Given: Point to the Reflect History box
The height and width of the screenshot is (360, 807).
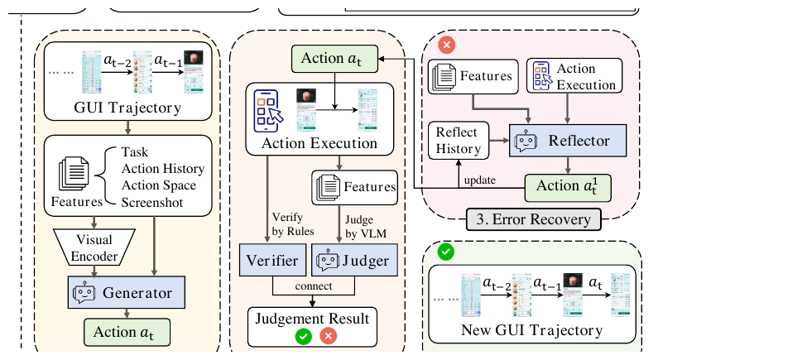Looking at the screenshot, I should coord(459,141).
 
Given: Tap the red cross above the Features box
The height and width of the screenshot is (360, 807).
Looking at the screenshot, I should coord(448,45).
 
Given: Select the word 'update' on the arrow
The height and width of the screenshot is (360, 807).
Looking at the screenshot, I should coord(480,180).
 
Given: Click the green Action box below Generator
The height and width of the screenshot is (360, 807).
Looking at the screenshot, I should coord(123,333).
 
